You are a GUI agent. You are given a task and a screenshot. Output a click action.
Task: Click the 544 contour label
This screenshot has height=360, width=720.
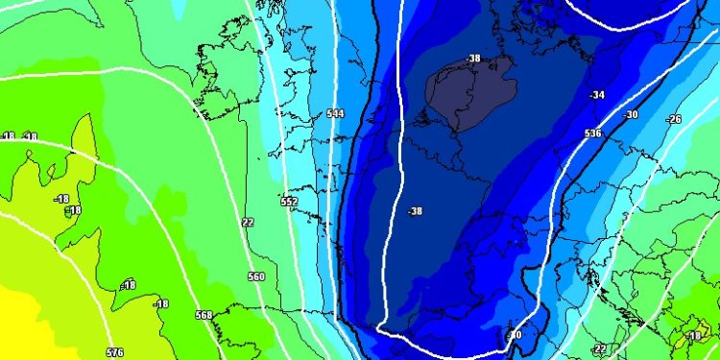point(335,113)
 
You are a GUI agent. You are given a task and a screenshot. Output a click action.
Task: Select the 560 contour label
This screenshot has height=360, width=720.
point(255,276)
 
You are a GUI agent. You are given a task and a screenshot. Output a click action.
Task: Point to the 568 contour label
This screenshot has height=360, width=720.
point(204,315)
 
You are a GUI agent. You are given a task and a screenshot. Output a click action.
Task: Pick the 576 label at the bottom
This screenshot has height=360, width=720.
point(114,352)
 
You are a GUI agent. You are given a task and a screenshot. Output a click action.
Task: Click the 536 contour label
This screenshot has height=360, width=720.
point(592,133)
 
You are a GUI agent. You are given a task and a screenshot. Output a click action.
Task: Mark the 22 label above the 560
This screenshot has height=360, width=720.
point(248,222)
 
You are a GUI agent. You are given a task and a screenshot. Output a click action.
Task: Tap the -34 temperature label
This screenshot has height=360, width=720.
point(597,95)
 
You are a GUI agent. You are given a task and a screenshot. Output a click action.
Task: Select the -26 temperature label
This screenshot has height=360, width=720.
point(674,119)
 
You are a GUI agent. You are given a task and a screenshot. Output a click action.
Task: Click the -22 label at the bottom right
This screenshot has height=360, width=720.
point(599,348)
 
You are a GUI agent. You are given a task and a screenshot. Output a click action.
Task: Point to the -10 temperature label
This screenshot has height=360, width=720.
point(694,336)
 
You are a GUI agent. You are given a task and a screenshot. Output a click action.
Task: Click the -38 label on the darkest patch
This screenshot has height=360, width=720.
point(472,59)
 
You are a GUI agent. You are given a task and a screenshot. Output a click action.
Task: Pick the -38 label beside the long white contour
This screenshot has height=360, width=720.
point(415,211)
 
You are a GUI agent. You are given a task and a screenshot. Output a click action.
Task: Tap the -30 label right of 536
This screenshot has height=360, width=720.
point(631,115)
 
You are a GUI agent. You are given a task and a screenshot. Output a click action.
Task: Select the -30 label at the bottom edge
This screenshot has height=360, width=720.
point(515,335)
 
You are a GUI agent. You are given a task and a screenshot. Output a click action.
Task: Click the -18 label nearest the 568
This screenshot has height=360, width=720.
point(160,304)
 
